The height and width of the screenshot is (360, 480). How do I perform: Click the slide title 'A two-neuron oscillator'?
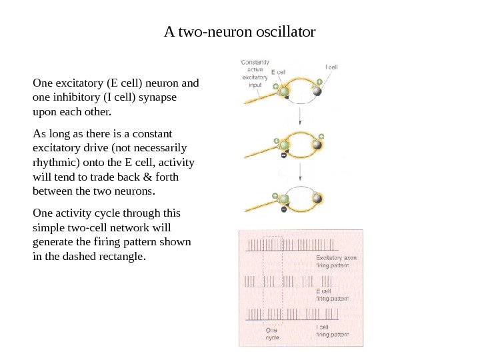click(239, 31)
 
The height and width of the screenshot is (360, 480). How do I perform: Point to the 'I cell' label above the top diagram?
click(331, 67)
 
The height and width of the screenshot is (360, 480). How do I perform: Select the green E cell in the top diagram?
click(285, 91)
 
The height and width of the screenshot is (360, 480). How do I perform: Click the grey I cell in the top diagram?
click(318, 91)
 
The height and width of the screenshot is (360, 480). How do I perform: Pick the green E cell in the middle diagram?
click(285, 145)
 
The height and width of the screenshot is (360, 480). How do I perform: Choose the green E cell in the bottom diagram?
click(285, 199)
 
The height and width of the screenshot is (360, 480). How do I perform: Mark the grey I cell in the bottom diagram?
click(318, 199)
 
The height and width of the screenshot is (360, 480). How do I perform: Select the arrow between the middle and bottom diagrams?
click(301, 173)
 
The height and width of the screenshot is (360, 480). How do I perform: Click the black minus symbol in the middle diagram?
click(283, 157)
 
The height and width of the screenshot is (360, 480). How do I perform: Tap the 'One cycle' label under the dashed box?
click(273, 333)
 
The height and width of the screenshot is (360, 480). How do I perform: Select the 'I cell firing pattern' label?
click(331, 331)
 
